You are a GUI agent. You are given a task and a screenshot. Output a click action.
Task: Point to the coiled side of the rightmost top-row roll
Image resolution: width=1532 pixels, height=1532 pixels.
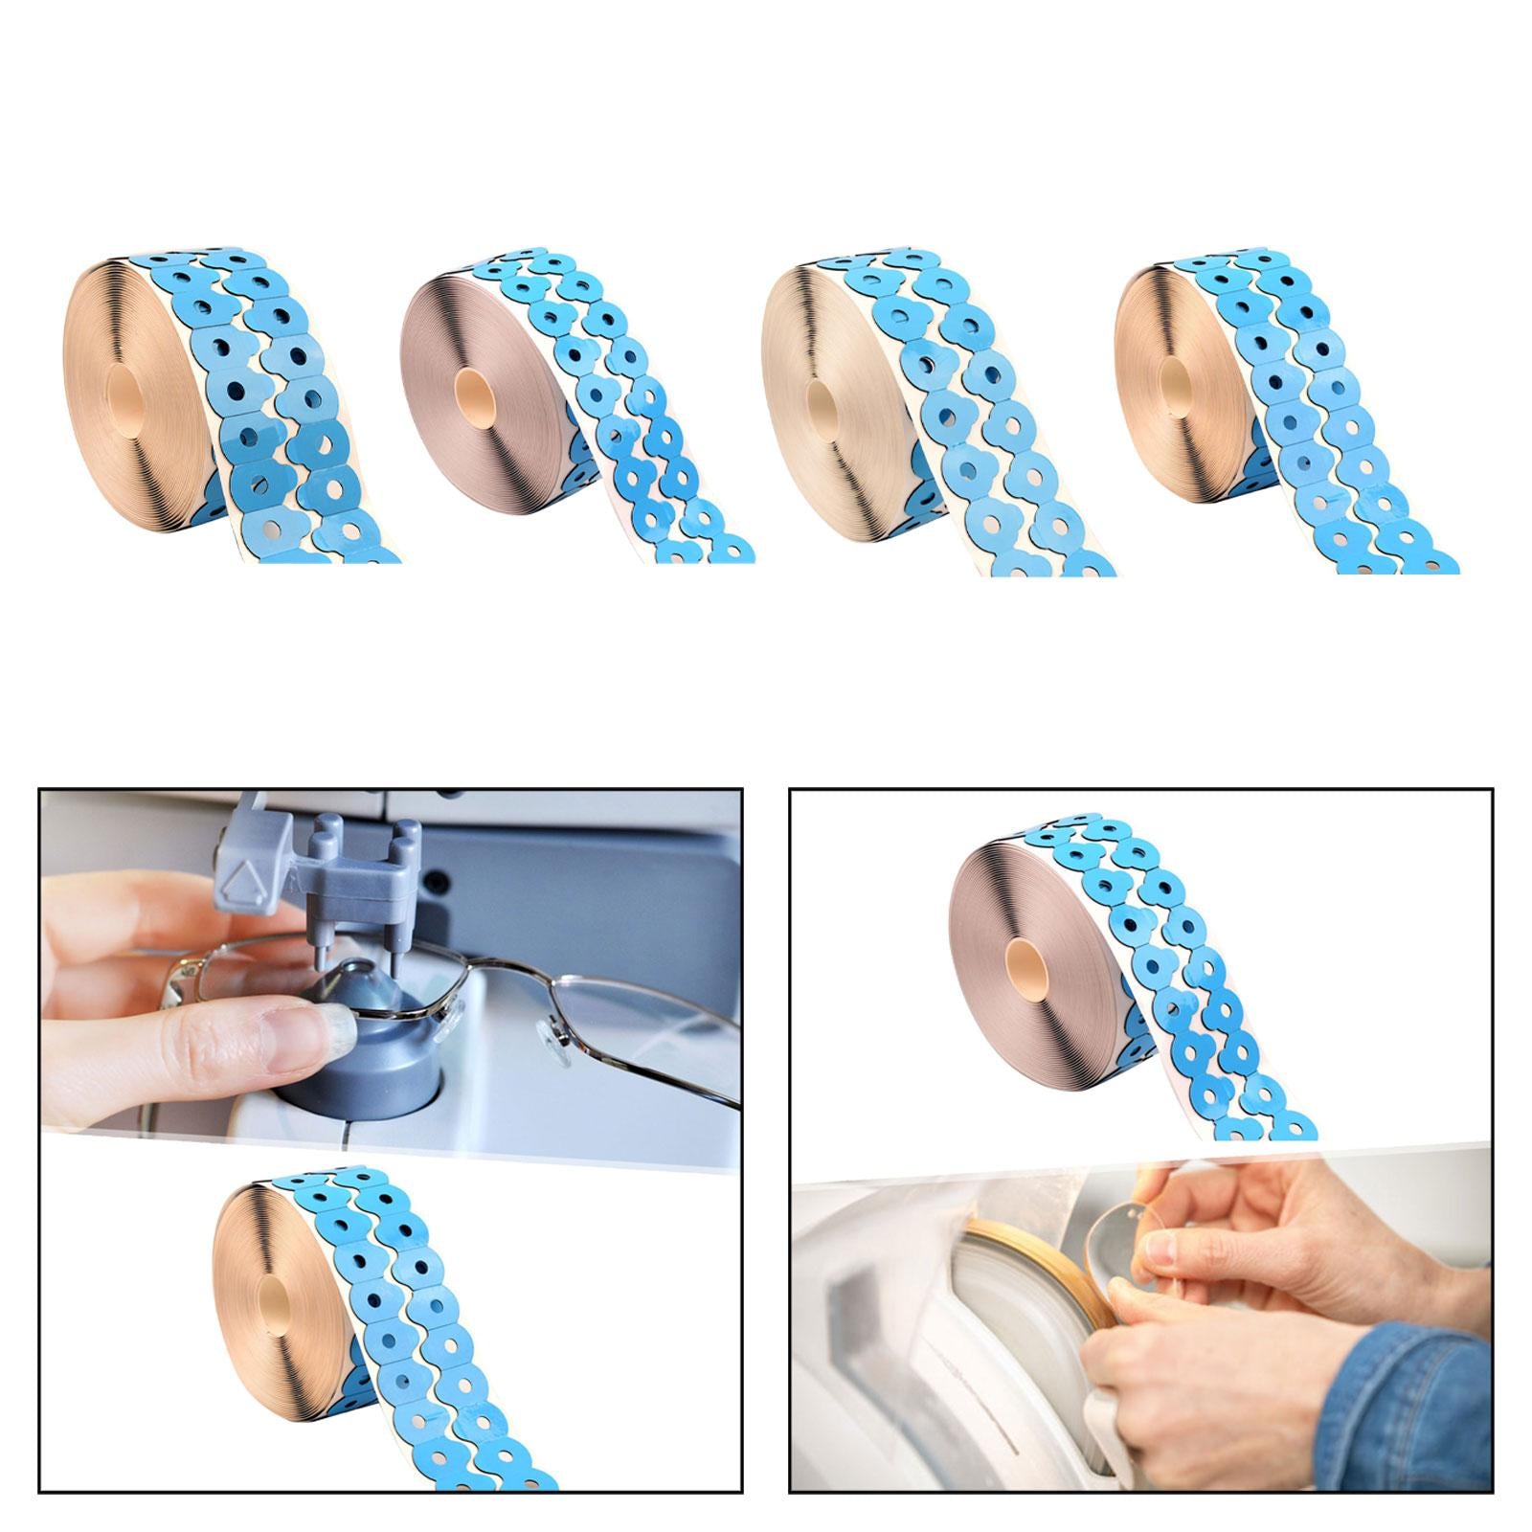click(x=1149, y=345)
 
